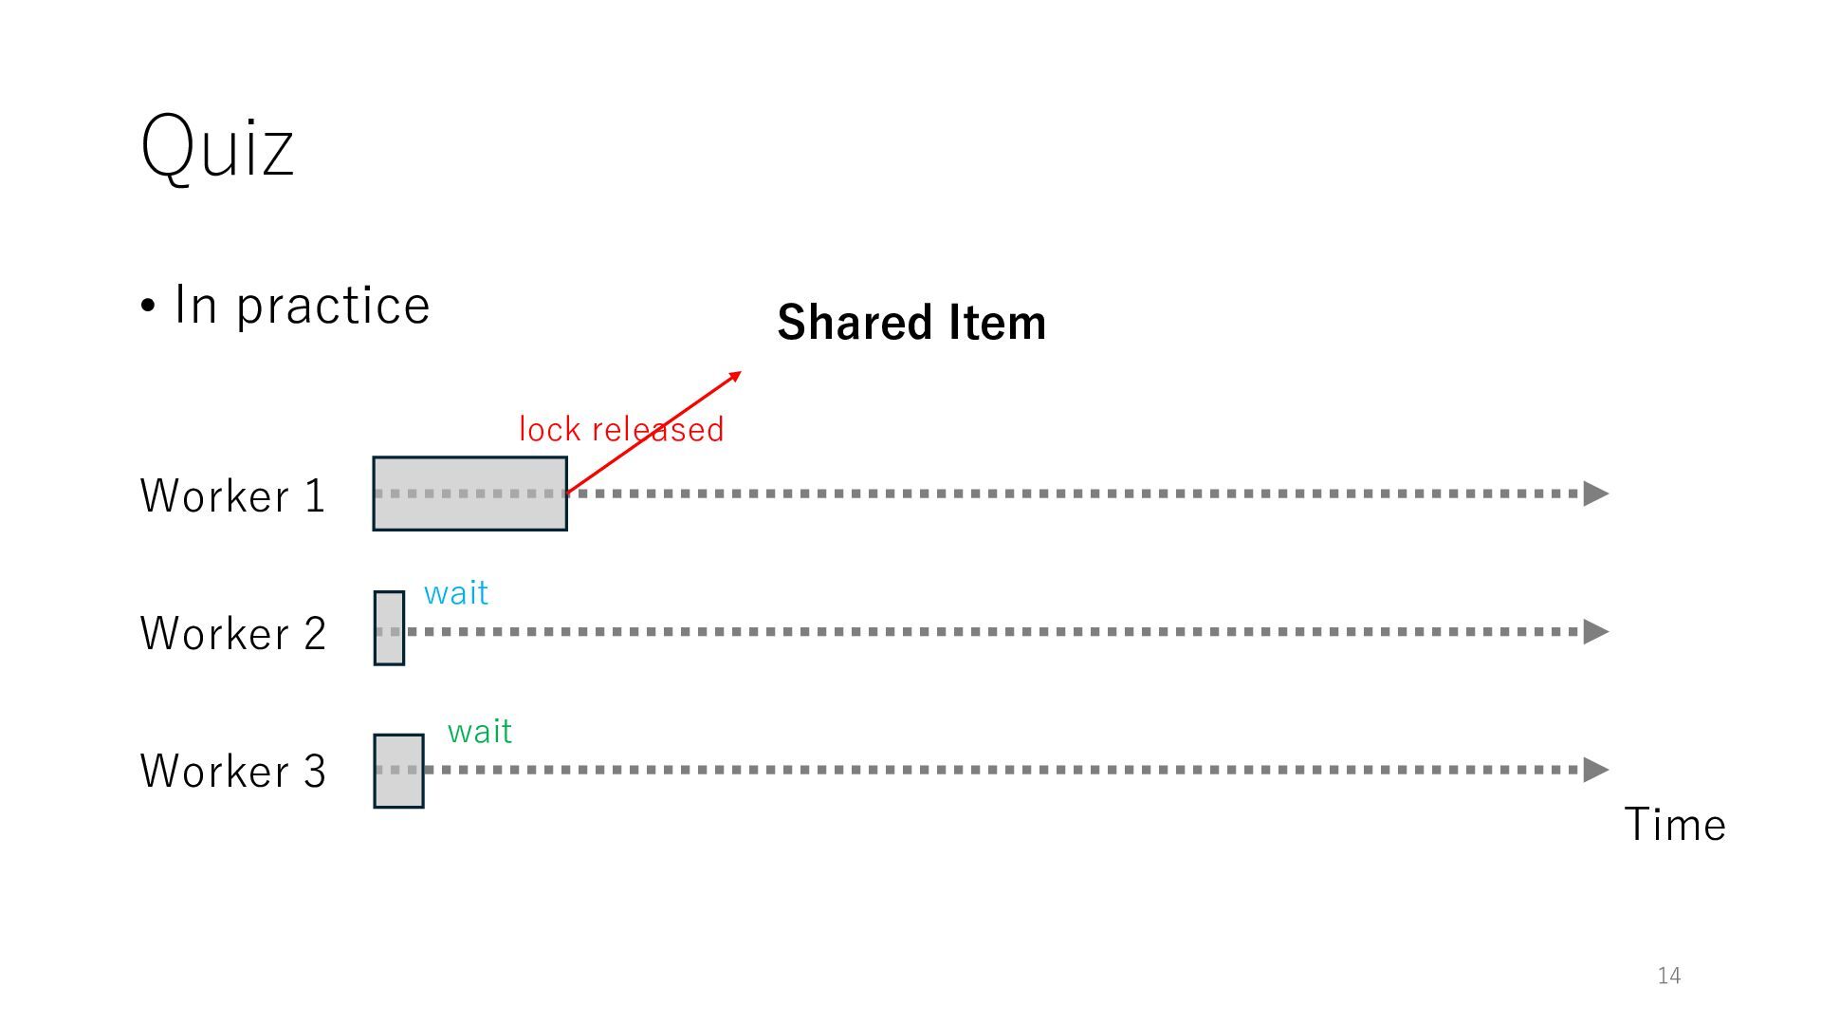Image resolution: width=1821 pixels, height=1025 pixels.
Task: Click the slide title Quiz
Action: pos(217,146)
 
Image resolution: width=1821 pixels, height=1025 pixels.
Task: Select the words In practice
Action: pos(302,306)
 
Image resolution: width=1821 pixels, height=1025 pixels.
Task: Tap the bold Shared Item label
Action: pos(911,323)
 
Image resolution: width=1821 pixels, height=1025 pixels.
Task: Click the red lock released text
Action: pos(620,429)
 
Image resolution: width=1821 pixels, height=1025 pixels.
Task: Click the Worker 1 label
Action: pos(232,495)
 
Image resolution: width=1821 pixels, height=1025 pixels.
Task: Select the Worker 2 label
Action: pos(232,633)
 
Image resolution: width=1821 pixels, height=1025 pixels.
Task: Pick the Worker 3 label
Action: pos(232,771)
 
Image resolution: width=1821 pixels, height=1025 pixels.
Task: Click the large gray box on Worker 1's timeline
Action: pos(469,494)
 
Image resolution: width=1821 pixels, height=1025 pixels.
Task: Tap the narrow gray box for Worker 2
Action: pos(389,628)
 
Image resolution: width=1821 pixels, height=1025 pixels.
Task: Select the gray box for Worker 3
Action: pos(398,771)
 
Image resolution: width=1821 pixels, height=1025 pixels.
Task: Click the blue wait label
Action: pos(456,593)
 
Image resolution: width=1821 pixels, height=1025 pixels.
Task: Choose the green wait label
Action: pos(480,732)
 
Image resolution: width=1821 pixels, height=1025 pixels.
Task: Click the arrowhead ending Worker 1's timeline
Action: pos(1596,494)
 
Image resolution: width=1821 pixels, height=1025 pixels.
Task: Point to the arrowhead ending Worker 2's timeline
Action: pos(1596,631)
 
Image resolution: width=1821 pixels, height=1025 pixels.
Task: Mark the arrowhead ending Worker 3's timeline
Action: pos(1596,770)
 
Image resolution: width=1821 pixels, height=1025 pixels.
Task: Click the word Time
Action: pos(1675,824)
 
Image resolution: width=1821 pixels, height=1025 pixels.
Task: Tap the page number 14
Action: pos(1669,976)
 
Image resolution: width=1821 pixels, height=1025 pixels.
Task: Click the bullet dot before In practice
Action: pos(148,307)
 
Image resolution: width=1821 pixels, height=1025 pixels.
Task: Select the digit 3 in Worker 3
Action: pos(315,771)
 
